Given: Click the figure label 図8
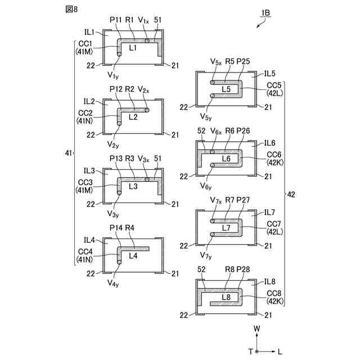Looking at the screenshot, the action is click(x=71, y=9).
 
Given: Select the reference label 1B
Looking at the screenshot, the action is click(x=265, y=12).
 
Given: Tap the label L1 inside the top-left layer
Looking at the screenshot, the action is click(x=133, y=48).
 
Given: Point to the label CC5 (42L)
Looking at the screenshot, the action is click(x=274, y=89).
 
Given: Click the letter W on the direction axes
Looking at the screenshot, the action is click(x=256, y=328).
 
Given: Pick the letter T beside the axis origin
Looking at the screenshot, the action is click(x=251, y=351).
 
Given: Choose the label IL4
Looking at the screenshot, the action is click(x=89, y=240).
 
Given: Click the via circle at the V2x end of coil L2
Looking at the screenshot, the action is click(x=147, y=110).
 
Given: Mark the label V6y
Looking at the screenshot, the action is click(x=205, y=186).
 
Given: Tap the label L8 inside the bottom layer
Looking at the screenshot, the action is click(x=226, y=297).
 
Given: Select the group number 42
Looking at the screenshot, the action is click(x=291, y=195).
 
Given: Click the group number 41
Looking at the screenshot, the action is click(x=68, y=153).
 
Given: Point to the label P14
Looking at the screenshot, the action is click(x=116, y=228).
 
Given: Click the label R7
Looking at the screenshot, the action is click(x=229, y=200).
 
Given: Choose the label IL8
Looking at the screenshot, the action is click(x=269, y=281).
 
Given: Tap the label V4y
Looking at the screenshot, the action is click(x=112, y=283).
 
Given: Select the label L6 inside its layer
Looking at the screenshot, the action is click(x=226, y=159).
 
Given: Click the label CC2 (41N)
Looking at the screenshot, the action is click(x=85, y=117).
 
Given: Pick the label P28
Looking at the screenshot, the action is click(x=242, y=269).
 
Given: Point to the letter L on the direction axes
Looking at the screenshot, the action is click(x=280, y=352).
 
